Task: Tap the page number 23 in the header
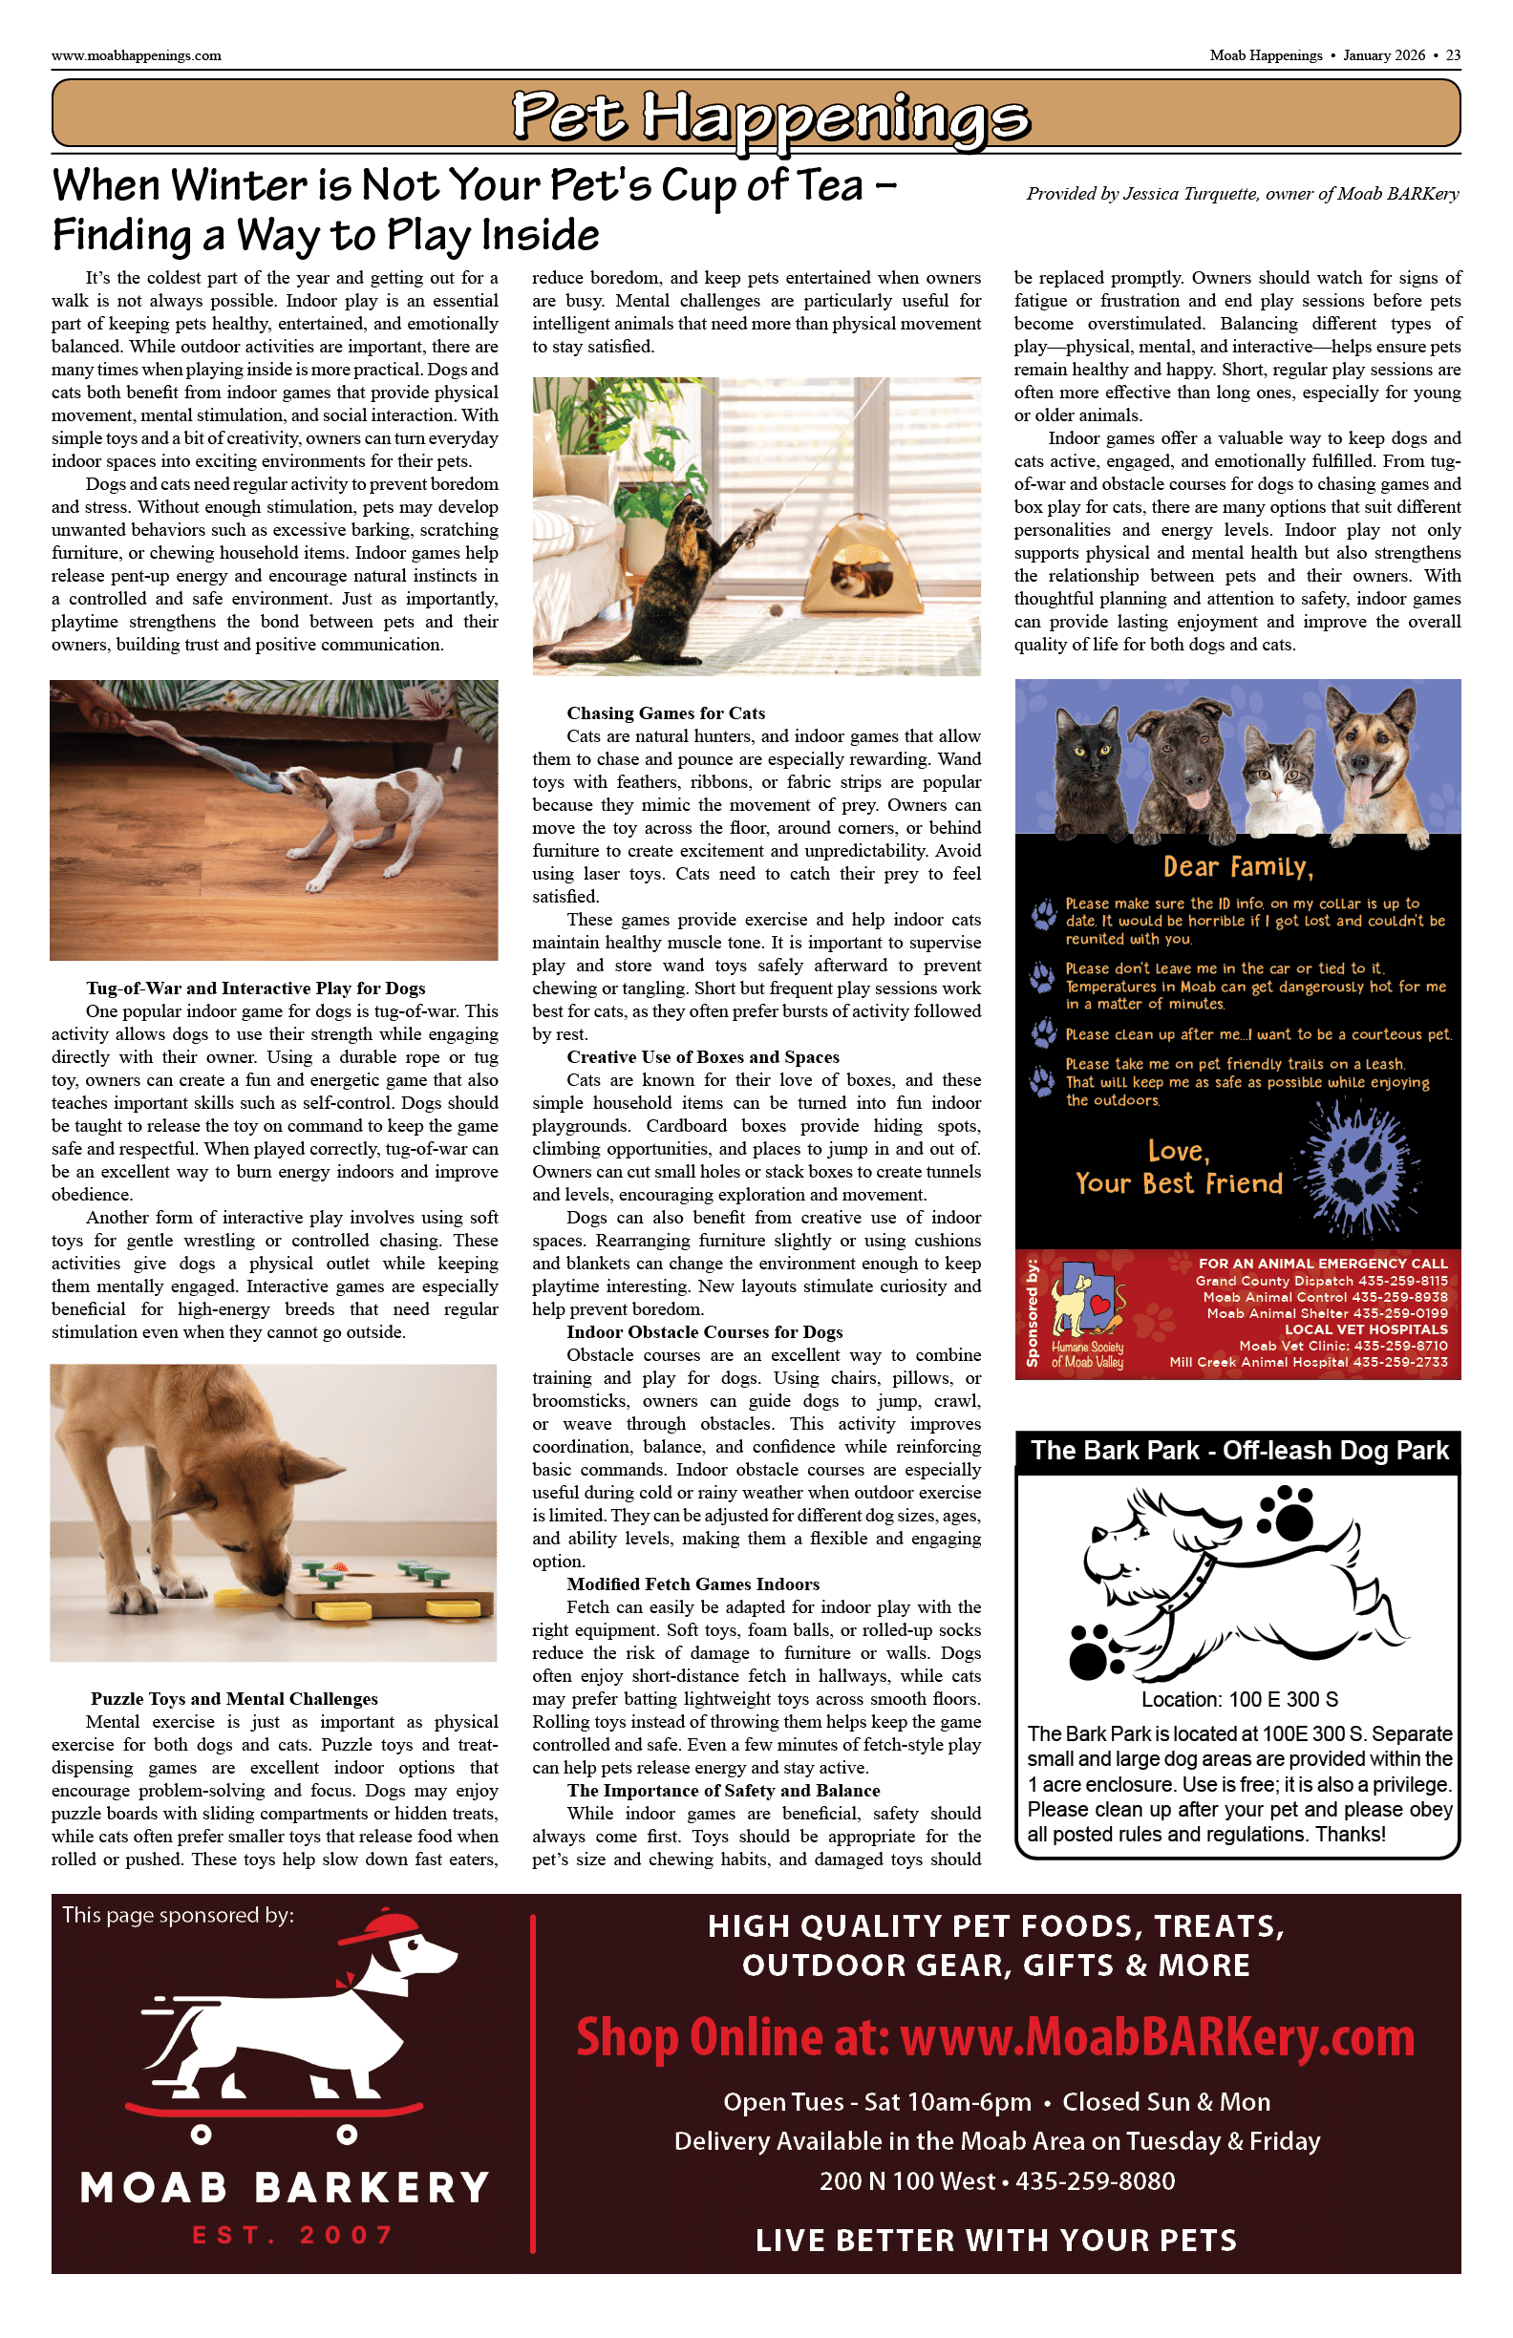1453,55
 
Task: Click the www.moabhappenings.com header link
137,55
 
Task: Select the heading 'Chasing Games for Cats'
665,713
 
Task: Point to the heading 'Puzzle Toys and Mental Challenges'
234,1698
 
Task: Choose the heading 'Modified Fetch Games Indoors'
693,1583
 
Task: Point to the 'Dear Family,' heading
1238,866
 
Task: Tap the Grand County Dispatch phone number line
1321,1281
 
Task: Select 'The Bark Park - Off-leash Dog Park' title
1239,1450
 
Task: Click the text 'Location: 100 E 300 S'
1239,1699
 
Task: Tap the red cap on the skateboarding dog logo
379,1928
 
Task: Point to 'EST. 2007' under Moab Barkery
293,2235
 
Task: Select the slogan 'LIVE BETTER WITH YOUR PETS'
996,2240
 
